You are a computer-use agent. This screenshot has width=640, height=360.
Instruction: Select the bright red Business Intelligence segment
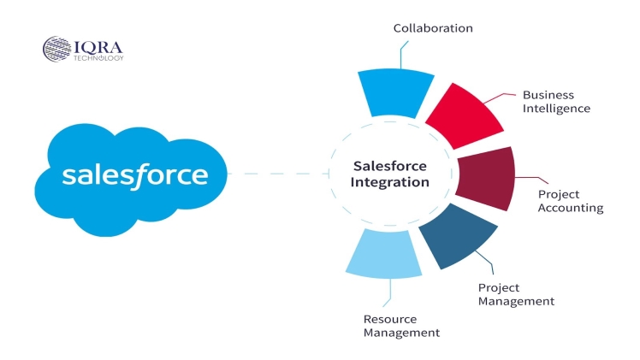click(x=462, y=117)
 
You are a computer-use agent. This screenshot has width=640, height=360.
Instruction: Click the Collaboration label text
click(x=433, y=28)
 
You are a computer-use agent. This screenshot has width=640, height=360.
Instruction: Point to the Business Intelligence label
click(x=556, y=102)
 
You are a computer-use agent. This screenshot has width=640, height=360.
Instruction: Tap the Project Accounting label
click(x=570, y=201)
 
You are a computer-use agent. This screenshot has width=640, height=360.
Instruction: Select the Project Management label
click(x=516, y=294)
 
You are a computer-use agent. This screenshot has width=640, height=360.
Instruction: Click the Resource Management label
click(x=401, y=326)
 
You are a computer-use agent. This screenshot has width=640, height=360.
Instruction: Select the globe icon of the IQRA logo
click(x=56, y=48)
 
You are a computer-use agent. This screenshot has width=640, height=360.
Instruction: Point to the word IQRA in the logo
click(x=97, y=44)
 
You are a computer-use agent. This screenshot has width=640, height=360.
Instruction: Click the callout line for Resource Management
click(x=388, y=293)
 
